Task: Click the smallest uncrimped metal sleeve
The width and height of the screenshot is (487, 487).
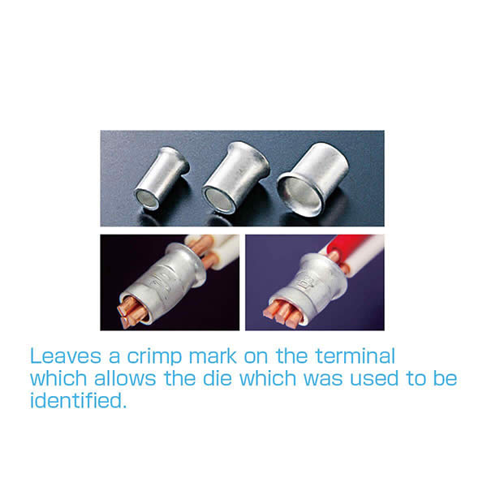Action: (x=162, y=179)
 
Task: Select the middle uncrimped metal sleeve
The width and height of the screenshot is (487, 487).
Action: (x=235, y=178)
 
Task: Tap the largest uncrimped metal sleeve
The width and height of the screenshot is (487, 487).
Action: (x=312, y=179)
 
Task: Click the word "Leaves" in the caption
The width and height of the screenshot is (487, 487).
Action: (x=66, y=356)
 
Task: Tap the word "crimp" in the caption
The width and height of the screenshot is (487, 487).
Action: (x=154, y=357)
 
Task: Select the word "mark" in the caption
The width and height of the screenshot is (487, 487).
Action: (x=213, y=356)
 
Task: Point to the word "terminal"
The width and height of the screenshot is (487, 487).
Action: (x=356, y=356)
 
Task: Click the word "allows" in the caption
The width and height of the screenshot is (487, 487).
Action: (x=125, y=378)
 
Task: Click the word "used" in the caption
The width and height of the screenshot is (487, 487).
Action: (x=374, y=378)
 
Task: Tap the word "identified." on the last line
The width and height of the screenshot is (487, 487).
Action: (x=78, y=401)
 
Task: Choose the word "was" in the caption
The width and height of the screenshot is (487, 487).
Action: (x=323, y=380)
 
